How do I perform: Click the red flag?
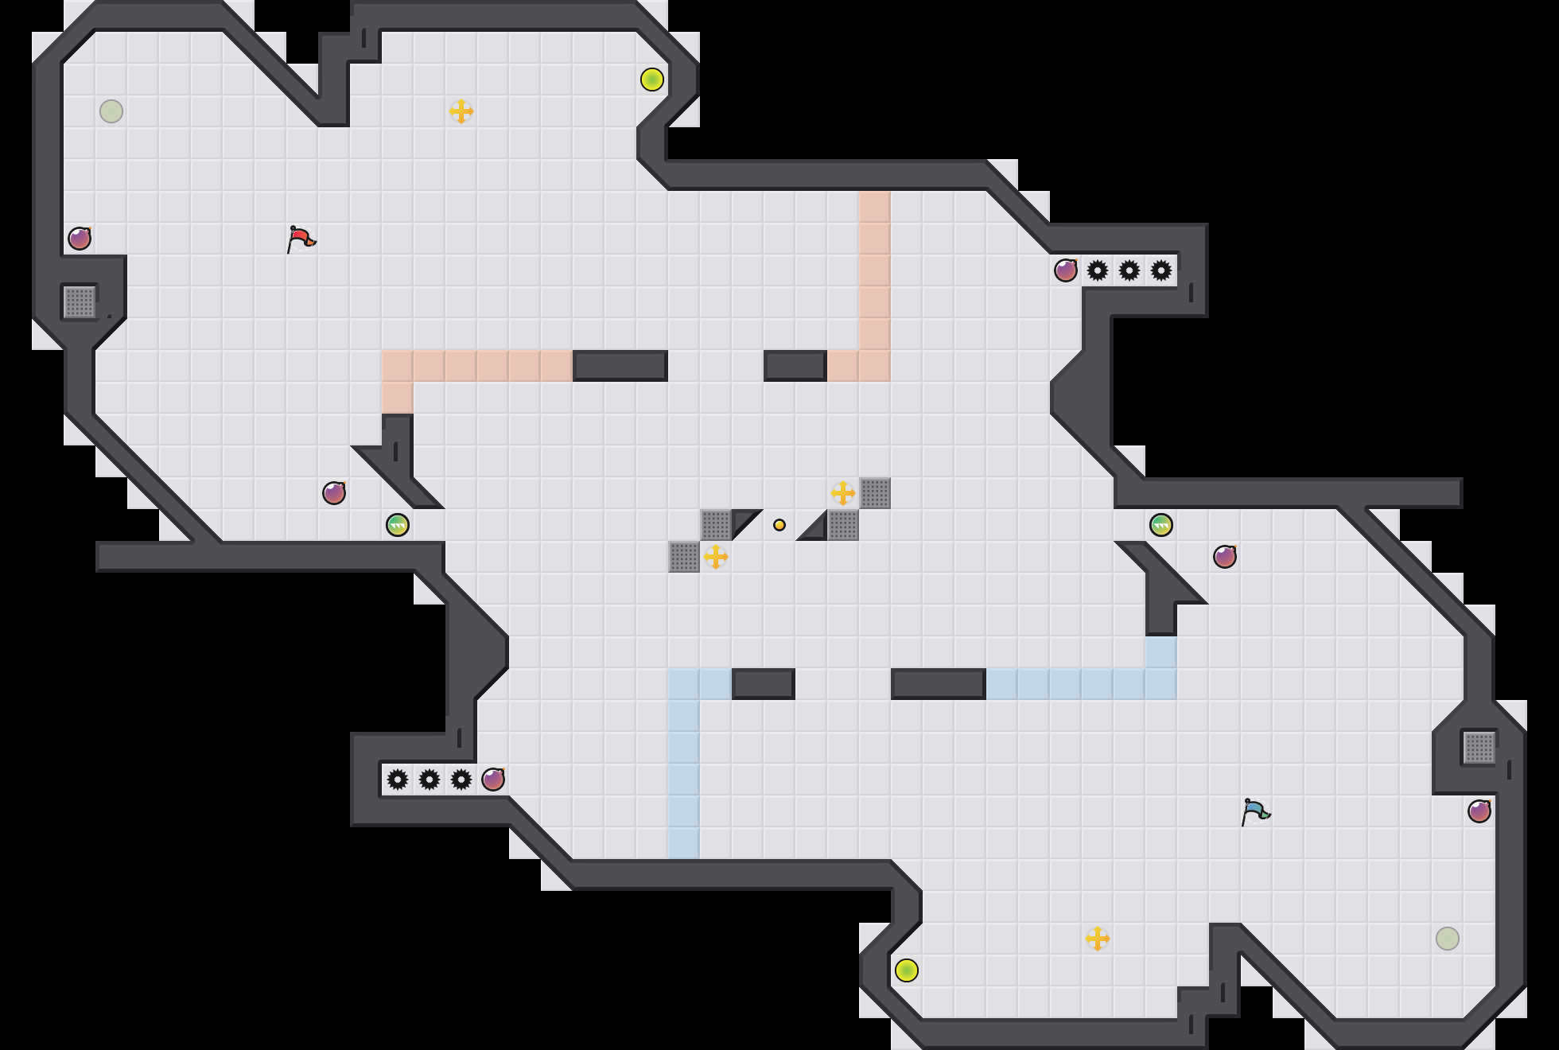[x=301, y=239]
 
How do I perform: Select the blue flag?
[x=1255, y=811]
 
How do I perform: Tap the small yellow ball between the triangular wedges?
[x=779, y=525]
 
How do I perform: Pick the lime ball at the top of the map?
[x=652, y=80]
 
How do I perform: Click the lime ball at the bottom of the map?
[x=907, y=970]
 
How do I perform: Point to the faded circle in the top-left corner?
[x=111, y=111]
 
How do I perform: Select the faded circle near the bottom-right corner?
[x=1448, y=939]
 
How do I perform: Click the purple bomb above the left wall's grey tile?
[x=80, y=239]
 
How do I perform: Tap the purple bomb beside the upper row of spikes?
[x=1066, y=270]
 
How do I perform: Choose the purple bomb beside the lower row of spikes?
[x=493, y=780]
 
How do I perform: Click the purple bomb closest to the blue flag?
[x=1479, y=811]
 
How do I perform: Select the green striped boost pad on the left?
[x=398, y=525]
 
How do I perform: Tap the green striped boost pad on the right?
[x=1161, y=525]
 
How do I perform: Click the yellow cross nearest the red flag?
[x=461, y=111]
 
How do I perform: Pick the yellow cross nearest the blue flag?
[x=1098, y=939]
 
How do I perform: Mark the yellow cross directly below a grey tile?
[x=716, y=557]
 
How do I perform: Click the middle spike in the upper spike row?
[x=1129, y=270]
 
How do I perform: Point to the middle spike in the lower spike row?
[x=430, y=780]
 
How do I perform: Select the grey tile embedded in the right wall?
[x=1479, y=748]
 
